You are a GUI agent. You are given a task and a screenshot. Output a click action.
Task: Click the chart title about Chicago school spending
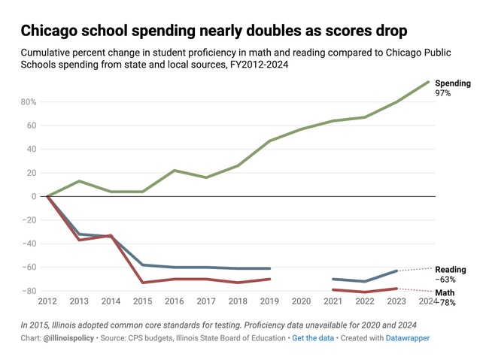(214, 31)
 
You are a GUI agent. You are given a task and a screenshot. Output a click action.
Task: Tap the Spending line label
(453, 83)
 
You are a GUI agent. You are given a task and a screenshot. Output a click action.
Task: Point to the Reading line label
(451, 270)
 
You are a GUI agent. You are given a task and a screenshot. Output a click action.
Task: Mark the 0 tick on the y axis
(33, 196)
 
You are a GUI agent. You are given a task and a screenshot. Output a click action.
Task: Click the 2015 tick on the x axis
(143, 301)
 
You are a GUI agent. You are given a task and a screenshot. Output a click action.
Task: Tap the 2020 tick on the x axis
(302, 301)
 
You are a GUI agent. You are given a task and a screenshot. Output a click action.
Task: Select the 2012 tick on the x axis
(47, 301)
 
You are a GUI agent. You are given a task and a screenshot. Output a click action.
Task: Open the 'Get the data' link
(314, 339)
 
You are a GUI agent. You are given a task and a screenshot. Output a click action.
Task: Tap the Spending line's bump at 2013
(79, 181)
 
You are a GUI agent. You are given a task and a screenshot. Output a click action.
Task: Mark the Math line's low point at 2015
(143, 283)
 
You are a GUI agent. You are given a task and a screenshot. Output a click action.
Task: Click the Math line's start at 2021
(333, 289)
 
